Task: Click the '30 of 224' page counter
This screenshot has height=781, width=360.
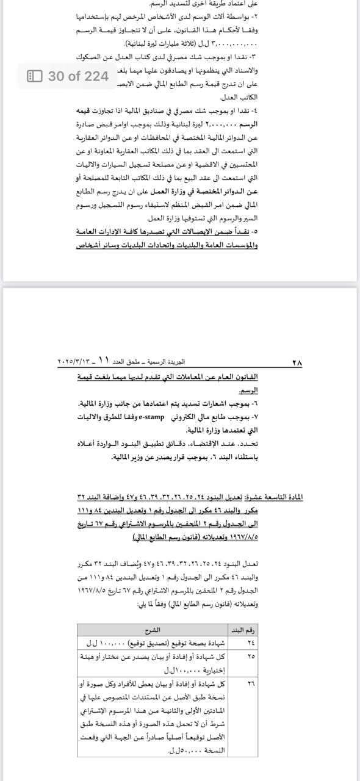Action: (x=78, y=76)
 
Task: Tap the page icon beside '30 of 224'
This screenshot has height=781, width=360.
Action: (x=35, y=76)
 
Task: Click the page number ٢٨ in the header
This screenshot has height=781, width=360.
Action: (x=297, y=362)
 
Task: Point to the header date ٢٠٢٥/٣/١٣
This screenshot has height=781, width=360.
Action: (x=74, y=362)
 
